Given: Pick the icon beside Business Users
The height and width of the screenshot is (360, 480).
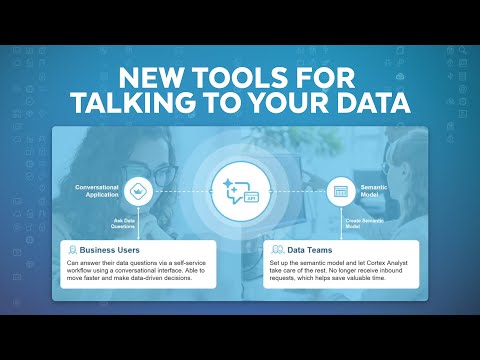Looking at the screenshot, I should pyautogui.click(x=74, y=247).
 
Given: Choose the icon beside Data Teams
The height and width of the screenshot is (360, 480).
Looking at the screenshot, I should pyautogui.click(x=276, y=247).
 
